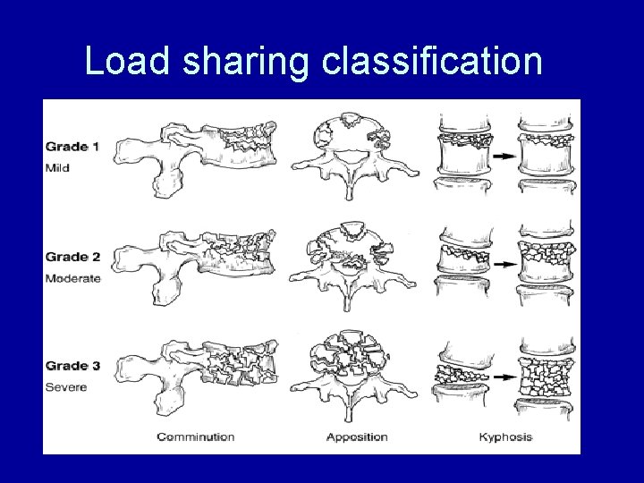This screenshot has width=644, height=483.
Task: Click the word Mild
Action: click(x=57, y=167)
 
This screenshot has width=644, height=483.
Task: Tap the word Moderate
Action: click(x=72, y=278)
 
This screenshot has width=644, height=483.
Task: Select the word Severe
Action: click(x=64, y=386)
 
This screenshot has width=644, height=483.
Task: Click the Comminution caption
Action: click(x=195, y=437)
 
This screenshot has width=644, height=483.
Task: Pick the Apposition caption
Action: click(x=356, y=437)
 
